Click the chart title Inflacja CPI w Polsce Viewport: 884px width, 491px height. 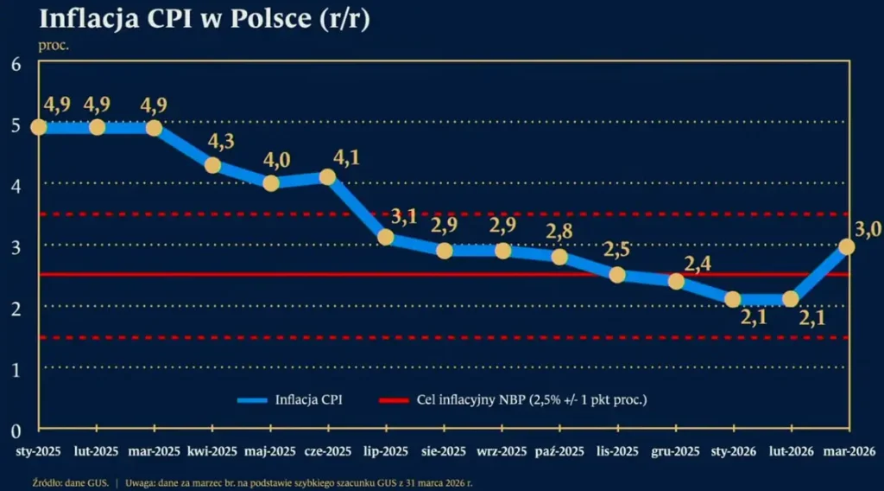click(x=205, y=20)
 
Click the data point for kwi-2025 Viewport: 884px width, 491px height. click(x=212, y=165)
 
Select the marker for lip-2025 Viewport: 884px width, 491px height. click(x=386, y=237)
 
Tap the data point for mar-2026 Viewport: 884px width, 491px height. click(x=847, y=246)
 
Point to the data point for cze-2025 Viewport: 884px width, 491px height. click(x=328, y=176)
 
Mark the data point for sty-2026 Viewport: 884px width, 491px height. click(x=732, y=299)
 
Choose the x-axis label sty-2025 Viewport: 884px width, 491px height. click(x=39, y=451)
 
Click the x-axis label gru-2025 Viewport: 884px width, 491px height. click(x=675, y=451)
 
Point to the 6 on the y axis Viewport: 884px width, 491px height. click(x=16, y=63)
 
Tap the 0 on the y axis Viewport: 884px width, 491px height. click(x=16, y=430)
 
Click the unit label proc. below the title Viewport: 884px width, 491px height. click(x=54, y=46)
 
